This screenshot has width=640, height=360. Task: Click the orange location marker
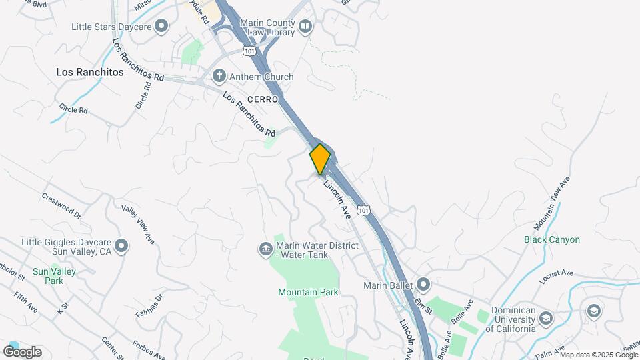[320, 159]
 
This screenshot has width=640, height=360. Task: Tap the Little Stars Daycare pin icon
[161, 27]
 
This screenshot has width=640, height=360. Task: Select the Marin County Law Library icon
[305, 27]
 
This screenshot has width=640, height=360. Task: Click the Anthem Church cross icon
[219, 77]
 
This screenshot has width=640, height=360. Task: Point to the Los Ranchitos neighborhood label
[90, 72]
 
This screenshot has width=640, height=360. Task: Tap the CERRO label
[262, 99]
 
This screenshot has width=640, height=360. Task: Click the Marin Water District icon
[265, 249]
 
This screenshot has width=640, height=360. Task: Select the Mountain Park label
[308, 292]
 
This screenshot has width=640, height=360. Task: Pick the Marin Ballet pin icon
[423, 285]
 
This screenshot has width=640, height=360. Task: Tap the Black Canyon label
[552, 239]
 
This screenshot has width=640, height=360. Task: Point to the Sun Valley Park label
[55, 276]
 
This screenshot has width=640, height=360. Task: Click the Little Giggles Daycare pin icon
[121, 247]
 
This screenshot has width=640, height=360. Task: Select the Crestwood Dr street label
[61, 205]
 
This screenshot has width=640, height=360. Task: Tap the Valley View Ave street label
[138, 223]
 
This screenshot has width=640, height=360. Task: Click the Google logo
[23, 351]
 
